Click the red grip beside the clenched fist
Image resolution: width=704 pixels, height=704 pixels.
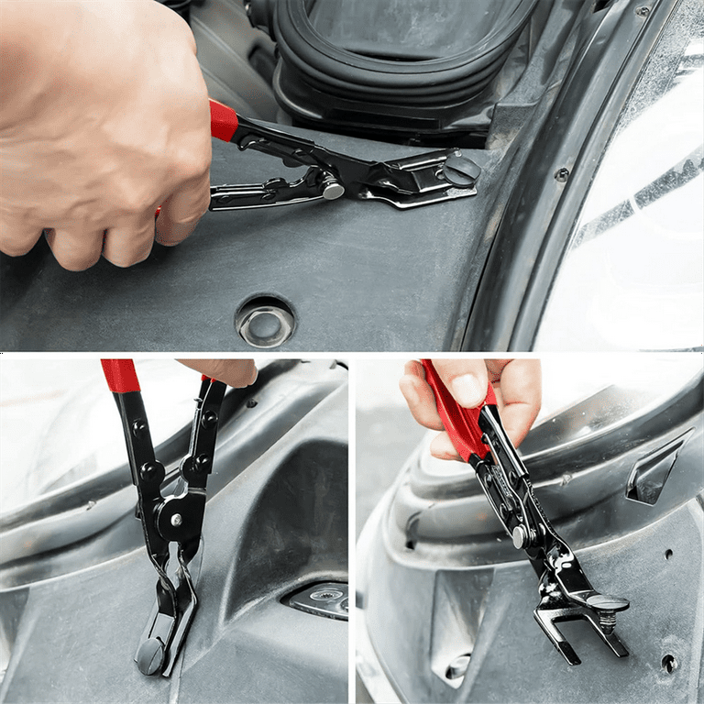click(x=223, y=120)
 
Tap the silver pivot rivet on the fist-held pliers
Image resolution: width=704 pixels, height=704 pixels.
click(x=332, y=190)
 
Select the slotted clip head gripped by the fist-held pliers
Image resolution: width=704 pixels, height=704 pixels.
click(x=460, y=168)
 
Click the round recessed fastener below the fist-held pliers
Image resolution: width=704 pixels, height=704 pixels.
click(x=265, y=322)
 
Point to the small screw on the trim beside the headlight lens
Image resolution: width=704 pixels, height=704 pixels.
click(x=562, y=174)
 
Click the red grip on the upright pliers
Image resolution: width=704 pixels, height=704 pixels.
click(x=121, y=375)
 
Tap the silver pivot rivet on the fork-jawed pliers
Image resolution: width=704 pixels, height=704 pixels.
click(x=519, y=535)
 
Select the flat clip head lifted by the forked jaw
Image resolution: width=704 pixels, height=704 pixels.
click(x=607, y=603)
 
